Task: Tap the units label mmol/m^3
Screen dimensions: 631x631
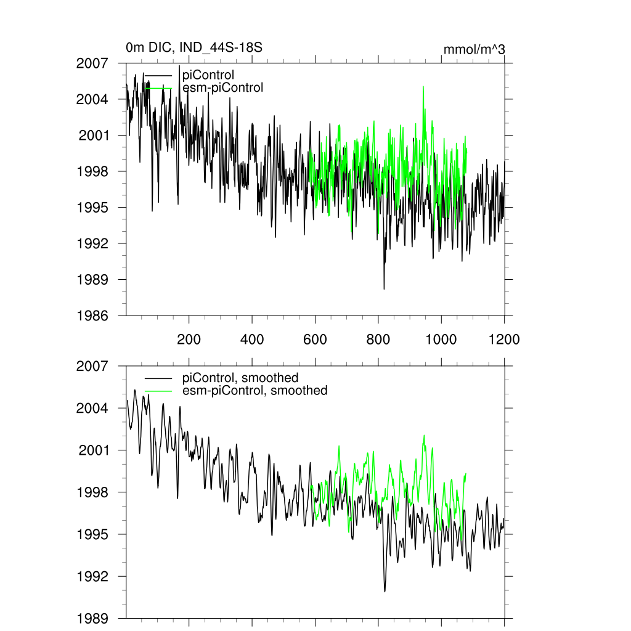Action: point(474,49)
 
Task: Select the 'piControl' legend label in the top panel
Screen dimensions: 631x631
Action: point(209,75)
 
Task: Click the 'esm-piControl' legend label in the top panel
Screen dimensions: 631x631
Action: point(223,88)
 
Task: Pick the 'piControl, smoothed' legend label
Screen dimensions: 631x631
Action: point(240,378)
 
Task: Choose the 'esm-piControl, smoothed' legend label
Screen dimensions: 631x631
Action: point(255,390)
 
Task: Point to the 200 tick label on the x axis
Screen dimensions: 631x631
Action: point(189,339)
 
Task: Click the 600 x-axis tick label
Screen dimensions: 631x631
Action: point(315,339)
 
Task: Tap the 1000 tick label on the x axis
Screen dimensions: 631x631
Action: point(441,339)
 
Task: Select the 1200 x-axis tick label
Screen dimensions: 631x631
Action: point(504,339)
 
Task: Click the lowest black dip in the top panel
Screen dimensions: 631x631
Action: point(384,288)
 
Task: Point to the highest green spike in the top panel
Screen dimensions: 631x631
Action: point(423,87)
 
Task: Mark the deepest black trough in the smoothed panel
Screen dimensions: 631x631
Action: point(385,592)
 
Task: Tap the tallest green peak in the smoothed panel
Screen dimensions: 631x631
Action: point(425,435)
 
